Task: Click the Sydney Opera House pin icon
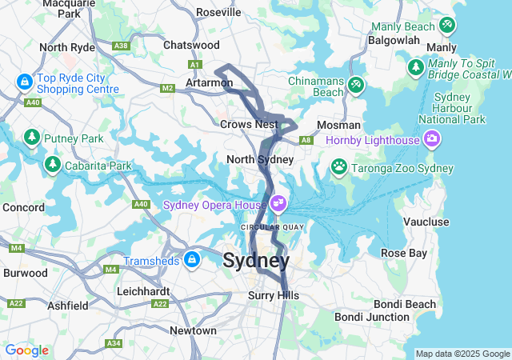click(x=278, y=203)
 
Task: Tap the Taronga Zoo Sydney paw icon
click(x=340, y=167)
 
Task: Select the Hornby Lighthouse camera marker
click(x=433, y=141)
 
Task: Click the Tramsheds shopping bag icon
click(x=192, y=260)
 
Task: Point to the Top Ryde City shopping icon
click(x=24, y=82)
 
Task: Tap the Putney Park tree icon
click(x=33, y=138)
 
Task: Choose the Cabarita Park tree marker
click(x=53, y=165)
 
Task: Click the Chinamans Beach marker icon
click(x=355, y=84)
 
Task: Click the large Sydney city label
click(x=256, y=261)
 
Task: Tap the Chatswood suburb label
click(x=191, y=46)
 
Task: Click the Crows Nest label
click(x=249, y=124)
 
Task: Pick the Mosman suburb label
click(x=334, y=126)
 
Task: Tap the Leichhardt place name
click(x=146, y=291)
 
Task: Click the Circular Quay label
click(x=273, y=227)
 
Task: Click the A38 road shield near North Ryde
click(x=122, y=46)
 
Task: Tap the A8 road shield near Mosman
click(x=306, y=140)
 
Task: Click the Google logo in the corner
click(x=26, y=350)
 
